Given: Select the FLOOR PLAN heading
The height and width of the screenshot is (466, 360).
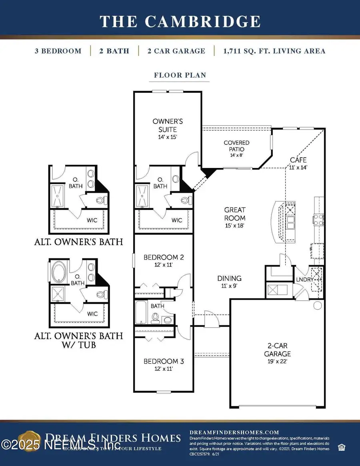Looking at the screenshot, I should [x=180, y=75].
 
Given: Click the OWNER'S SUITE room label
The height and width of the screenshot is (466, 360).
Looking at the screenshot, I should [x=164, y=126].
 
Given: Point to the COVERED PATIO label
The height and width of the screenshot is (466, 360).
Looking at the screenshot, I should [x=236, y=146].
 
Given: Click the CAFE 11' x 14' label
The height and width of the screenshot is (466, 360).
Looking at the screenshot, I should [x=298, y=164].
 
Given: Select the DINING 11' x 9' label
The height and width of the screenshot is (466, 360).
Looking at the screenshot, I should [x=229, y=281].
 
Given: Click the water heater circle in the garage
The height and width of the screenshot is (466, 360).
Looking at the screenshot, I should [x=318, y=306].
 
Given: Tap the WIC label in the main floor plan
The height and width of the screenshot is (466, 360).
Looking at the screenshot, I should [x=177, y=220].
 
